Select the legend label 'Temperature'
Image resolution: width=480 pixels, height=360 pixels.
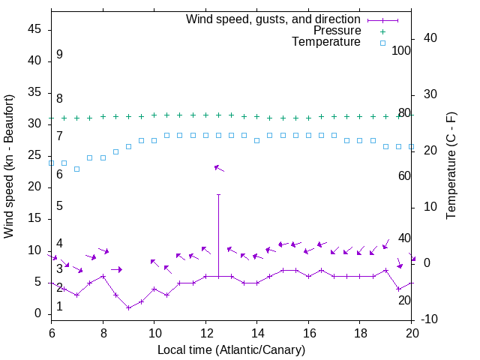coord(326,42)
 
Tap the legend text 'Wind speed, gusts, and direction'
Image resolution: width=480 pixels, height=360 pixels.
coord(274,19)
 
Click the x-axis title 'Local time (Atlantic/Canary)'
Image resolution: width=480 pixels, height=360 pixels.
coord(232,349)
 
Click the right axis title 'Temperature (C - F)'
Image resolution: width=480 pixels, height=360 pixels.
coord(451,166)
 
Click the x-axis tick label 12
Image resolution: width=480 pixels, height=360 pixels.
coord(205,331)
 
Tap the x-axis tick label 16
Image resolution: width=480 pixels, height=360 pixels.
coord(309,331)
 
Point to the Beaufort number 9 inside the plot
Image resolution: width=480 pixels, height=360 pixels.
coord(59,55)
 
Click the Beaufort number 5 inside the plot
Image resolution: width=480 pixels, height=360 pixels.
coord(59,206)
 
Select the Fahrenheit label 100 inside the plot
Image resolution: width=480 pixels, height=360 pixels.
coord(402,51)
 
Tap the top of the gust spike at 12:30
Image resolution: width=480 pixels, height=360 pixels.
coord(218,194)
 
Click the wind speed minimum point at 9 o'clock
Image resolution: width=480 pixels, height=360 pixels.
coord(128,307)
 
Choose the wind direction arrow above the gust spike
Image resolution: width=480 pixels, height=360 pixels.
coord(219,168)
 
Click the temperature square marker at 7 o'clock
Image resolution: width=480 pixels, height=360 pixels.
coord(76,169)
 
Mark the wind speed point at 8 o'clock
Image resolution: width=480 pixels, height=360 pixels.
coord(103,276)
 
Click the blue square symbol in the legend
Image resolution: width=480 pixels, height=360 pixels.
coord(382,43)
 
